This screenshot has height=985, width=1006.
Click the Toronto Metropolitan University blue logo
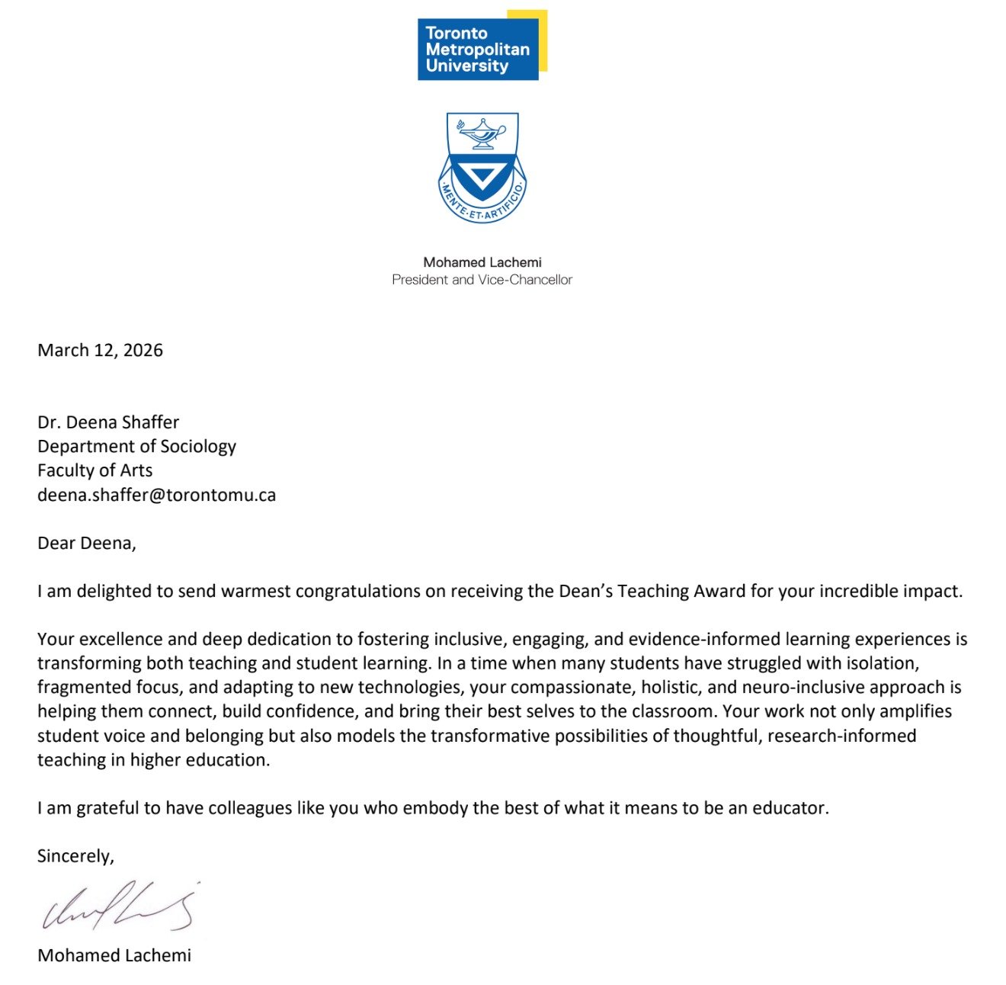click(478, 49)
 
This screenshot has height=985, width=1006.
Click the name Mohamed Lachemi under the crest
click(482, 262)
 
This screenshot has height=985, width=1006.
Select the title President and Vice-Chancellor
click(482, 280)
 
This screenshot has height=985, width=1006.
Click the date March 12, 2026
click(100, 350)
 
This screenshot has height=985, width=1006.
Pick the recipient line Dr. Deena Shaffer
click(108, 422)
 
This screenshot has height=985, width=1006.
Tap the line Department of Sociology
click(136, 447)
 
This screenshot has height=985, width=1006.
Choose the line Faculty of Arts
click(95, 470)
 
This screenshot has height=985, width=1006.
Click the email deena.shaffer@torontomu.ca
click(156, 495)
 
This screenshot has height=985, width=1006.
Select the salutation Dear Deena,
click(86, 543)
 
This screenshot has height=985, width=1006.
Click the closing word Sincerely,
click(75, 856)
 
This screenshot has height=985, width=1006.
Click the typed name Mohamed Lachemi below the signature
click(114, 955)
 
